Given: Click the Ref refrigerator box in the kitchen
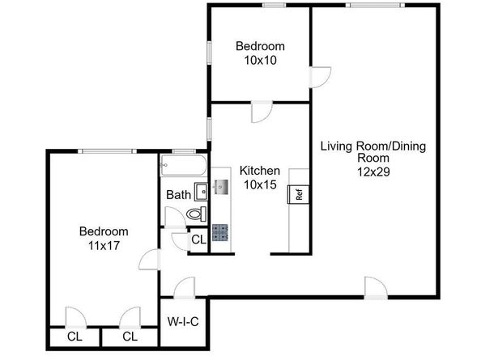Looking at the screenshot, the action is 299,194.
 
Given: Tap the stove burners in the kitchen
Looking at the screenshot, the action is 220,232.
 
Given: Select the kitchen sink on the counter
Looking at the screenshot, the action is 221,187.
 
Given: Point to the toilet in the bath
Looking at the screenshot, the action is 197,214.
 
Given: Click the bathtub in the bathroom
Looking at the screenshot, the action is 184,166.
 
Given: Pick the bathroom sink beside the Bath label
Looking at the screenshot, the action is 202,192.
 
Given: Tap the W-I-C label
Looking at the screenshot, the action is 183,322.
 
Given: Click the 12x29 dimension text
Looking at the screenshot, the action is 373,172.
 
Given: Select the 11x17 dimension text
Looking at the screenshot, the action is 104,245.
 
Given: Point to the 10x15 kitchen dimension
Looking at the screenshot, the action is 260,184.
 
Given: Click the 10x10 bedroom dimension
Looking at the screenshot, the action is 260,60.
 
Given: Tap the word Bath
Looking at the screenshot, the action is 178,194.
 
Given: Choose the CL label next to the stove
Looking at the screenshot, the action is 198,239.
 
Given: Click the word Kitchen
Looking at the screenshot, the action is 260,171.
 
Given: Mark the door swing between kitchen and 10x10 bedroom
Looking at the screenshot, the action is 262,112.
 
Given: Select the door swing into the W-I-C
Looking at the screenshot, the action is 184,288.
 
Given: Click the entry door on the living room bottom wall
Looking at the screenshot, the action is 376,288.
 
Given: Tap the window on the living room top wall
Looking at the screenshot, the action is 375,5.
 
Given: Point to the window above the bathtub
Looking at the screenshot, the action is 184,151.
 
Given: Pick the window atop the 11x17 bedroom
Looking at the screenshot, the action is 107,151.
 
